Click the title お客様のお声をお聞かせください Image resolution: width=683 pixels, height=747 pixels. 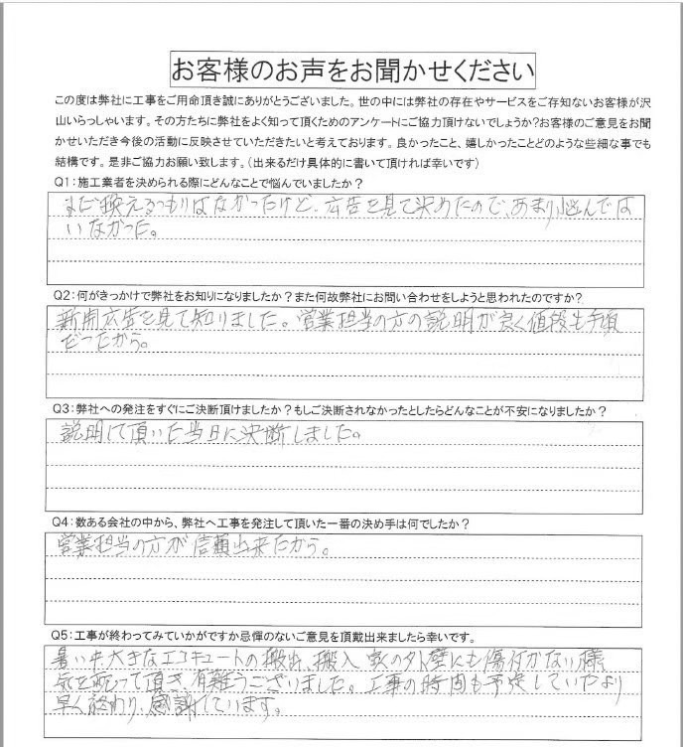click(353, 71)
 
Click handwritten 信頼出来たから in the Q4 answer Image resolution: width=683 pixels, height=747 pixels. click(278, 547)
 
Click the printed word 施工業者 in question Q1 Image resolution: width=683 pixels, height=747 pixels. click(107, 184)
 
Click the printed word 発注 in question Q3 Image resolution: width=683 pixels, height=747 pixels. click(132, 410)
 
